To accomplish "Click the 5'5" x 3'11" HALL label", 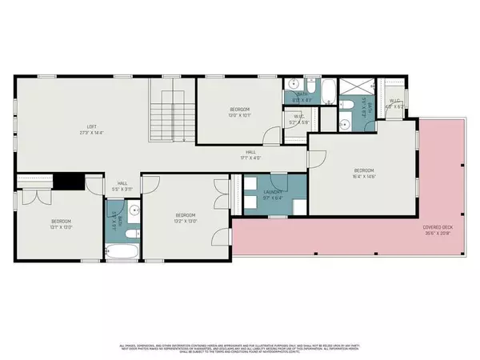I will point(122,186).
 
